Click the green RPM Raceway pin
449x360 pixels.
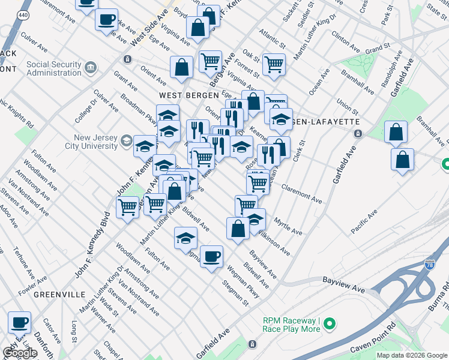(x=329, y=325)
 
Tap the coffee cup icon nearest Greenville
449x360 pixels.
(x=19, y=322)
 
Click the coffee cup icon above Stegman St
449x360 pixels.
(x=211, y=257)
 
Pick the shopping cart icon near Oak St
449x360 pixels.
(x=274, y=64)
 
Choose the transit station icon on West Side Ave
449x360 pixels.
(x=127, y=59)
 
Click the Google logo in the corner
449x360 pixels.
(x=20, y=353)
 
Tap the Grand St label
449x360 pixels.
(x=378, y=47)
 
